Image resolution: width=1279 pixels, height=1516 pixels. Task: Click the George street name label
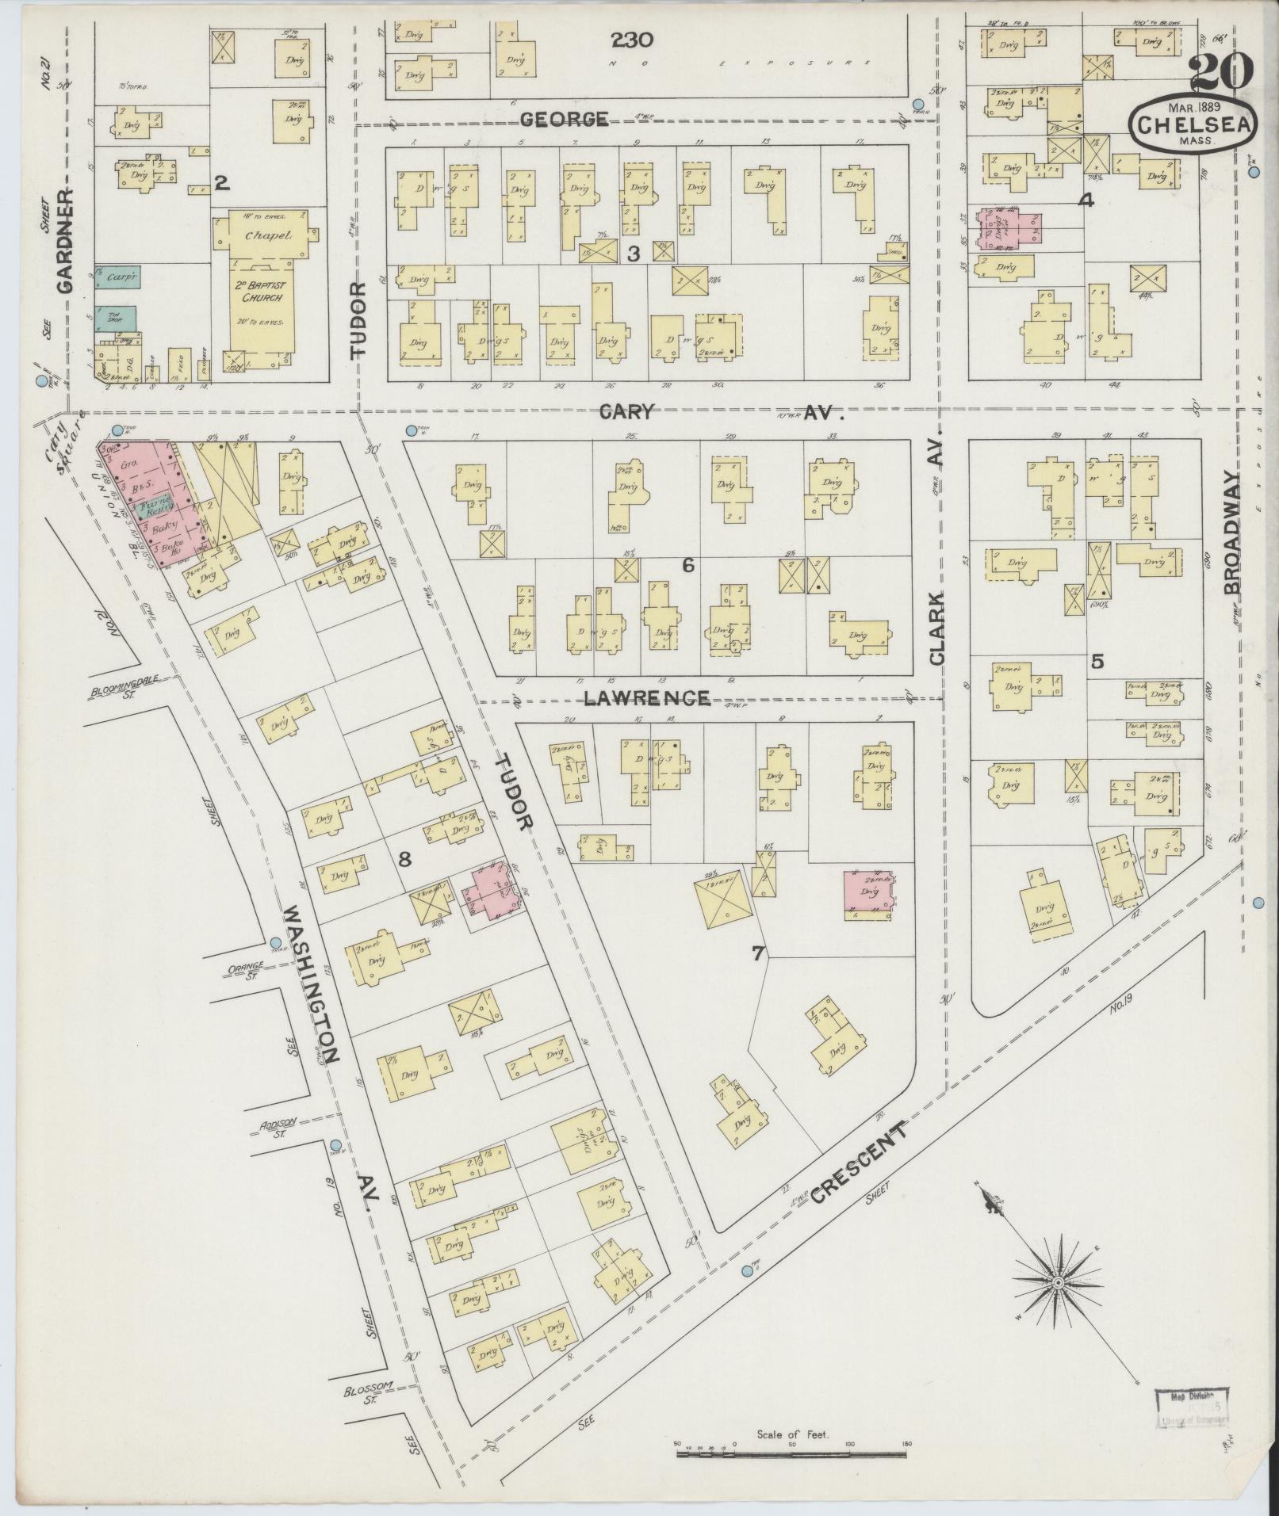565,120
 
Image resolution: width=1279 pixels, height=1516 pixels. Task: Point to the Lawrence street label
646,698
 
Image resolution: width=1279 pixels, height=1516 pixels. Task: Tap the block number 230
632,39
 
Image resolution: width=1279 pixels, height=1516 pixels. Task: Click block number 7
757,954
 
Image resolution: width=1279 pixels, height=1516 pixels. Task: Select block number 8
404,858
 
